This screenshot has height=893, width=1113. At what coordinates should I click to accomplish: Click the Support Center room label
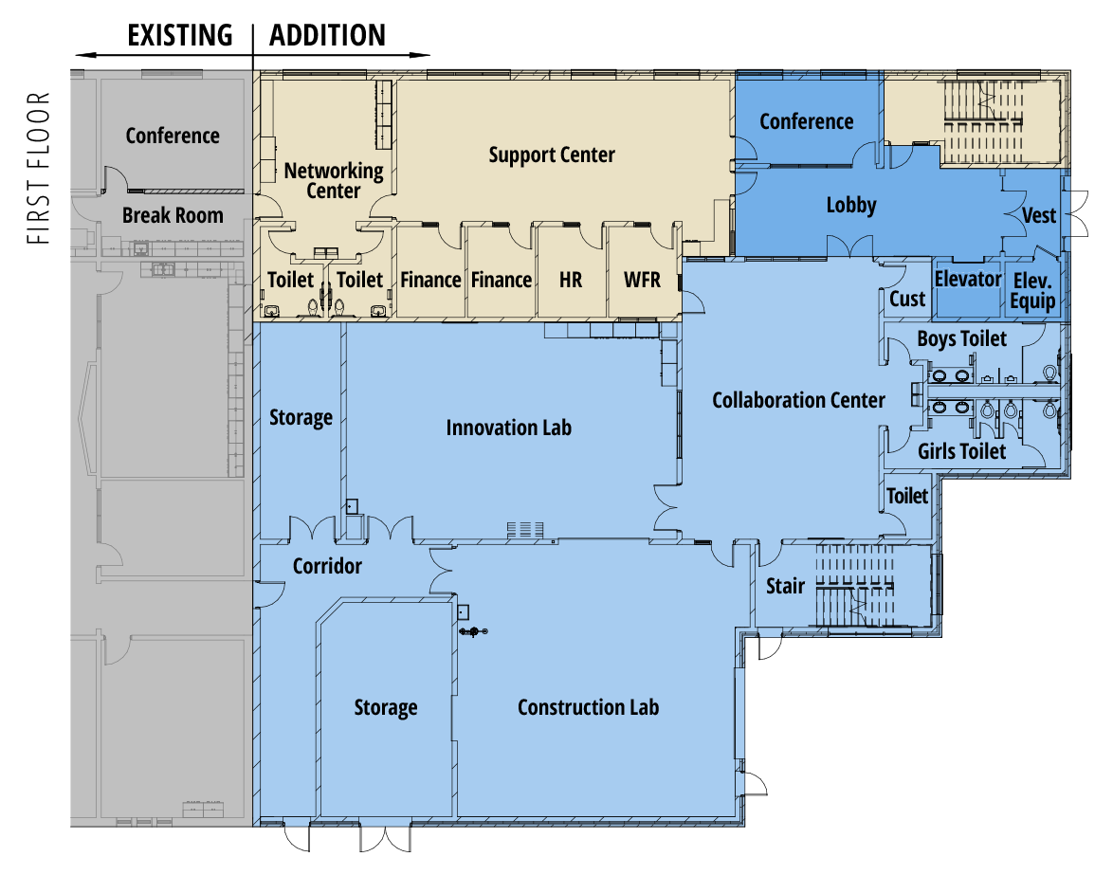552,155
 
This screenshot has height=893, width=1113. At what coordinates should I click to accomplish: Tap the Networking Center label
334,181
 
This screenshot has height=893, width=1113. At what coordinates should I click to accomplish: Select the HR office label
571,281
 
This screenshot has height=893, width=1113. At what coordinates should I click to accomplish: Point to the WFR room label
643,281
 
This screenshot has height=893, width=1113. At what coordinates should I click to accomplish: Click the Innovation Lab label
509,428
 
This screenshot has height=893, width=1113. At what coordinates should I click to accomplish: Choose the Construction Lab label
589,708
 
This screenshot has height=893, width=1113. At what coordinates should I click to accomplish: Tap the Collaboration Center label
798,400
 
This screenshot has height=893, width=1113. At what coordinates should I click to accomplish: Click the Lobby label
851,206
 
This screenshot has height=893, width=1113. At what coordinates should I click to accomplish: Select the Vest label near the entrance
1039,215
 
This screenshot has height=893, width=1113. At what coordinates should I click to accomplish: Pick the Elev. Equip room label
1032,291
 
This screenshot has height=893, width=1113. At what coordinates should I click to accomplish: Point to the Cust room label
907,299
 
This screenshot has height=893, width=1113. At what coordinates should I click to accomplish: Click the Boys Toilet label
962,338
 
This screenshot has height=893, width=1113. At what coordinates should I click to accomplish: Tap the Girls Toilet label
962,451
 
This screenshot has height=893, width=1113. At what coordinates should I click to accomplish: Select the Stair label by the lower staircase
785,587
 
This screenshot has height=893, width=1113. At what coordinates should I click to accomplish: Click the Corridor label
327,567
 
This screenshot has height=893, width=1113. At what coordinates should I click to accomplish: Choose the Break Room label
173,216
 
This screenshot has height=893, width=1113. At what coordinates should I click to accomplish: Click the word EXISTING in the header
179,35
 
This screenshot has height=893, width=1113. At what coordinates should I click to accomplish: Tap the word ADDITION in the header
327,35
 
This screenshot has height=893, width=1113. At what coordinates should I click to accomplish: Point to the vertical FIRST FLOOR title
38,168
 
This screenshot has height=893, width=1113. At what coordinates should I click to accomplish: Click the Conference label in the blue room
807,122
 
